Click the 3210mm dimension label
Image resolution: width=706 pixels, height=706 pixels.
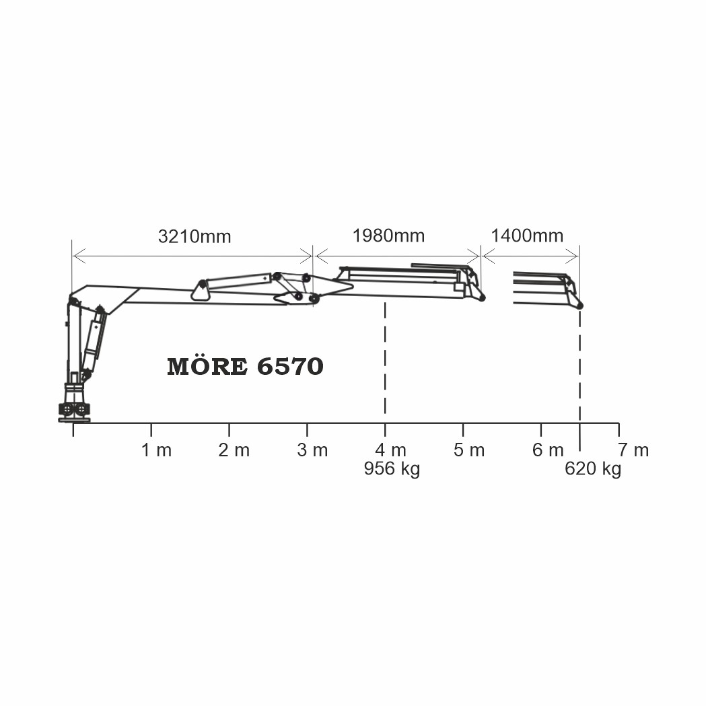(x=195, y=236)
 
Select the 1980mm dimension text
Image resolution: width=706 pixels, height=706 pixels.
(x=388, y=236)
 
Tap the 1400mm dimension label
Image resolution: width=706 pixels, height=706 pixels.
(x=527, y=236)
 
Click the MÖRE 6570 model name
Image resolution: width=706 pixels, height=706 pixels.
(x=246, y=366)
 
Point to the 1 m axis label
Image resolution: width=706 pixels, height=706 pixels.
(x=157, y=450)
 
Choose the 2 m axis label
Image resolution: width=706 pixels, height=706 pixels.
(x=234, y=450)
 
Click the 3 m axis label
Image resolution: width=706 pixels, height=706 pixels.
(x=312, y=450)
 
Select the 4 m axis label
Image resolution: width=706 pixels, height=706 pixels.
(x=391, y=450)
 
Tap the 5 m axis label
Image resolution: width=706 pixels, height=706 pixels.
(x=469, y=450)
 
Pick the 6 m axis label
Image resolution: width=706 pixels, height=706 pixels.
(x=548, y=450)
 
